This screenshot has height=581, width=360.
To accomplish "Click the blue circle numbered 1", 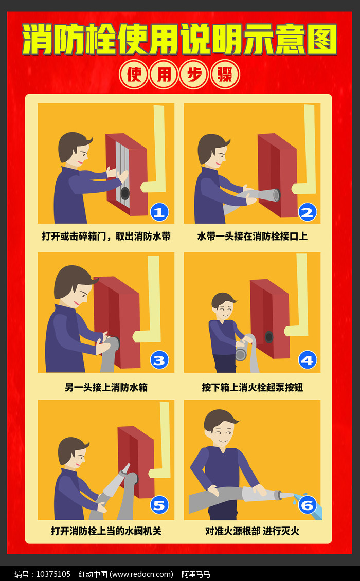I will pyautogui.click(x=159, y=211).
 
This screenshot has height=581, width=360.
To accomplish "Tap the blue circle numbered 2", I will pyautogui.click(x=307, y=211).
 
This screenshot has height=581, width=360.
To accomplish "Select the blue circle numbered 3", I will pyautogui.click(x=159, y=360).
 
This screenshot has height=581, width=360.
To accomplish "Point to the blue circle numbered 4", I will pyautogui.click(x=307, y=360).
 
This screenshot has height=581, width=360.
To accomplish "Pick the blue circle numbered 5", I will pyautogui.click(x=159, y=505).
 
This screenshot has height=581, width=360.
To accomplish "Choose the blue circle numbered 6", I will pyautogui.click(x=307, y=505).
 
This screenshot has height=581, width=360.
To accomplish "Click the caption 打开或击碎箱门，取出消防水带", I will pyautogui.click(x=106, y=237).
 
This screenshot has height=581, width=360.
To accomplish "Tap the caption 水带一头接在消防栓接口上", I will pyautogui.click(x=252, y=237).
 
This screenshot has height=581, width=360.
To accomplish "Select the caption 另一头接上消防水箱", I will pyautogui.click(x=106, y=387).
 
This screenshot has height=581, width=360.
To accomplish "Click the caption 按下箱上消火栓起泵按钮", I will pyautogui.click(x=252, y=387).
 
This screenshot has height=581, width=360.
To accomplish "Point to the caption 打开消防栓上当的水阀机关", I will pyautogui.click(x=106, y=531).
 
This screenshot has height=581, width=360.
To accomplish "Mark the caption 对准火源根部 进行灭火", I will pyautogui.click(x=252, y=531).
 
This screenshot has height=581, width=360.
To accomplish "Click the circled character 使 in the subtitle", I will pyautogui.click(x=134, y=75).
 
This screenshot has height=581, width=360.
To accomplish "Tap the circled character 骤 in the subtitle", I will pyautogui.click(x=225, y=75).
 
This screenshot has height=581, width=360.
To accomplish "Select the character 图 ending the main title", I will pyautogui.click(x=320, y=40).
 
